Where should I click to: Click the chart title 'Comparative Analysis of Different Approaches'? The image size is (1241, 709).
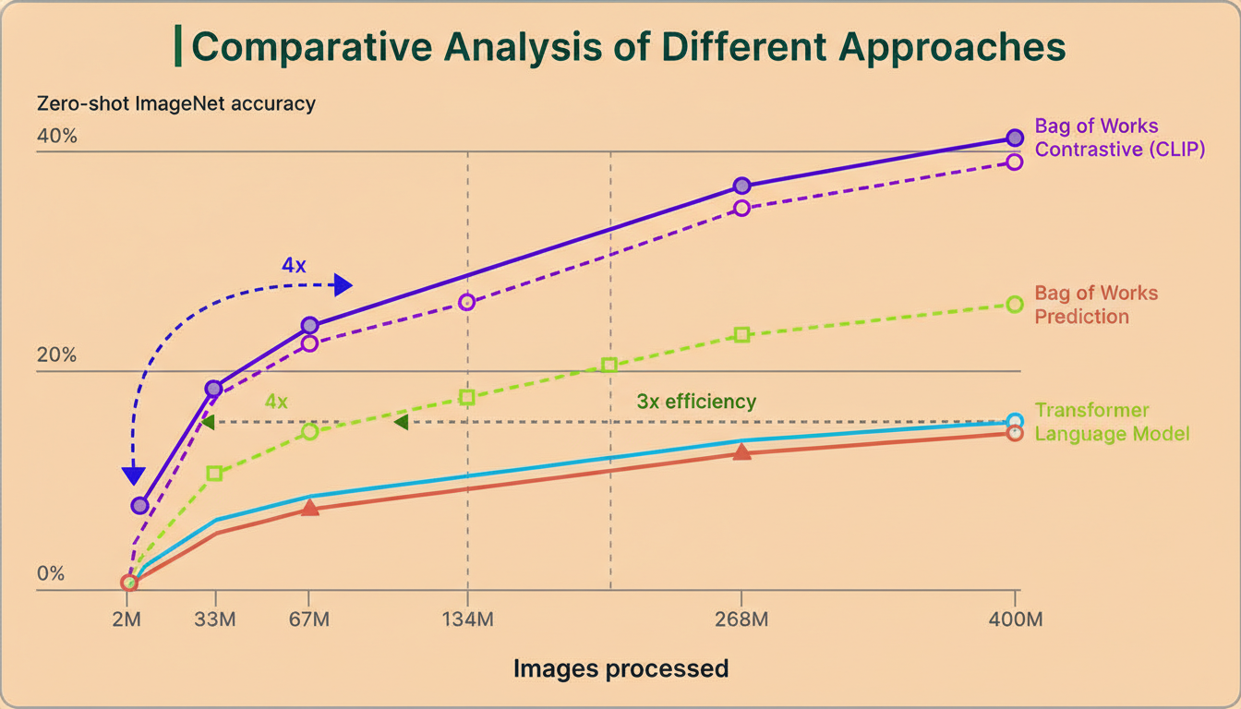pyautogui.click(x=628, y=46)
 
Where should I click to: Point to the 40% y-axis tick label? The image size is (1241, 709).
pyautogui.click(x=57, y=137)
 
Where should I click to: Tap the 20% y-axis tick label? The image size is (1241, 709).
pyautogui.click(x=57, y=356)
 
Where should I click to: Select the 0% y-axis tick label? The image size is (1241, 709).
pyautogui.click(x=51, y=573)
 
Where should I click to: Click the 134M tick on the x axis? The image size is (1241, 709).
pyautogui.click(x=468, y=619)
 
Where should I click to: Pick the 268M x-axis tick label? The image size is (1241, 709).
pyautogui.click(x=741, y=619)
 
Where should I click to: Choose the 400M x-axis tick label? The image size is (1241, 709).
pyautogui.click(x=1016, y=619)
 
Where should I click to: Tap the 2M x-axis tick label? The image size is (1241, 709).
pyautogui.click(x=127, y=619)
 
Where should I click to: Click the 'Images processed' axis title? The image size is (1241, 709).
pyautogui.click(x=620, y=668)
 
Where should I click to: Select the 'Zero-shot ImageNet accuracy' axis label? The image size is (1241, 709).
pyautogui.click(x=175, y=103)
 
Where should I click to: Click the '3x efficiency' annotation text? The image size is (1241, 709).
pyautogui.click(x=696, y=402)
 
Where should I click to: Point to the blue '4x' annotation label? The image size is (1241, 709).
pyautogui.click(x=294, y=266)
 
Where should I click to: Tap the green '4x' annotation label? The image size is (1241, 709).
pyautogui.click(x=276, y=402)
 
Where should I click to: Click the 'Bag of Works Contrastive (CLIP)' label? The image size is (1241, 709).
pyautogui.click(x=1119, y=138)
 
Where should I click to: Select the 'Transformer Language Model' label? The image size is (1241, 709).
pyautogui.click(x=1112, y=422)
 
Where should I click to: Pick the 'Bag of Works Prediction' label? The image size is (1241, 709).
pyautogui.click(x=1096, y=305)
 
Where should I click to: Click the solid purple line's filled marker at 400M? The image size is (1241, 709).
pyautogui.click(x=1015, y=138)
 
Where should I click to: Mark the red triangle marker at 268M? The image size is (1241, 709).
pyautogui.click(x=741, y=451)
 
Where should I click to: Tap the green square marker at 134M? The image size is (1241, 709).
pyautogui.click(x=467, y=397)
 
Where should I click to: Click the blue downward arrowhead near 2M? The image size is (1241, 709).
pyautogui.click(x=134, y=476)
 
